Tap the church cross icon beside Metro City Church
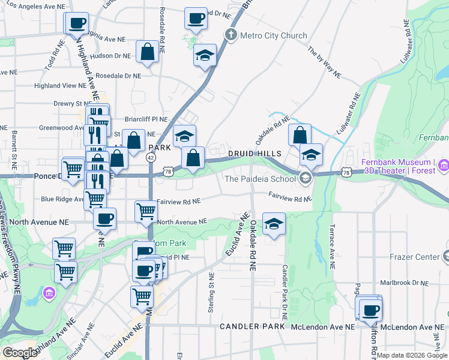pyautogui.click(x=231, y=35)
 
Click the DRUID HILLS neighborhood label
pyautogui.click(x=251, y=154)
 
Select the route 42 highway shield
pyautogui.click(x=151, y=157)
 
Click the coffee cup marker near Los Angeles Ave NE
pyautogui.click(x=76, y=24)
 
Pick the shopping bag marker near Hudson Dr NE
pyautogui.click(x=147, y=52)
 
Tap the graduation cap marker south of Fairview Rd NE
pyautogui.click(x=274, y=225)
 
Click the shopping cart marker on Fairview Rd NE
pyautogui.click(x=146, y=211)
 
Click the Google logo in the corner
pyautogui.click(x=20, y=353)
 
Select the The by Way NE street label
pyautogui.click(x=325, y=62)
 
